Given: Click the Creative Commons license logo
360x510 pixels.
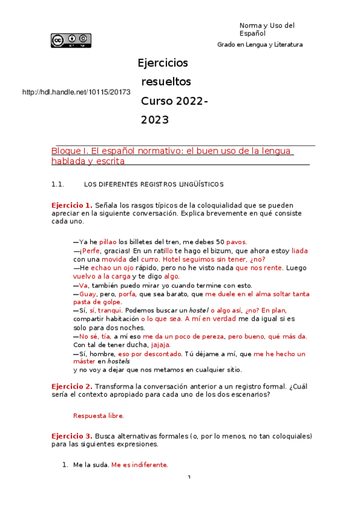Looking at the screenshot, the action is click(x=71, y=40).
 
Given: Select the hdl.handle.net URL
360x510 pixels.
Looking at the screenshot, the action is click(x=76, y=92).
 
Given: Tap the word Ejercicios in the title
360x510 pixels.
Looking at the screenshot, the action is click(x=163, y=63).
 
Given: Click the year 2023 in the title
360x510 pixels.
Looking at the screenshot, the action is click(x=155, y=120).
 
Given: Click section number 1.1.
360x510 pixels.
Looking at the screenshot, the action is click(x=58, y=184).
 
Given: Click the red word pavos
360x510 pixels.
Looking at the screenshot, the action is click(x=236, y=241).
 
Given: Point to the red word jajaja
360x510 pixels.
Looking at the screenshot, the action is click(x=160, y=345).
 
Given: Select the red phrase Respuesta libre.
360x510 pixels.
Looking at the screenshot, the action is click(x=99, y=415).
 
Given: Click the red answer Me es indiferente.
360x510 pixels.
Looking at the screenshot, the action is click(x=139, y=465).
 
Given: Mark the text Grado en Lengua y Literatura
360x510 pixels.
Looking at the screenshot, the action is click(x=260, y=45).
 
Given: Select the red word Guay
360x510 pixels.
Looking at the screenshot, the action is click(x=88, y=293).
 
